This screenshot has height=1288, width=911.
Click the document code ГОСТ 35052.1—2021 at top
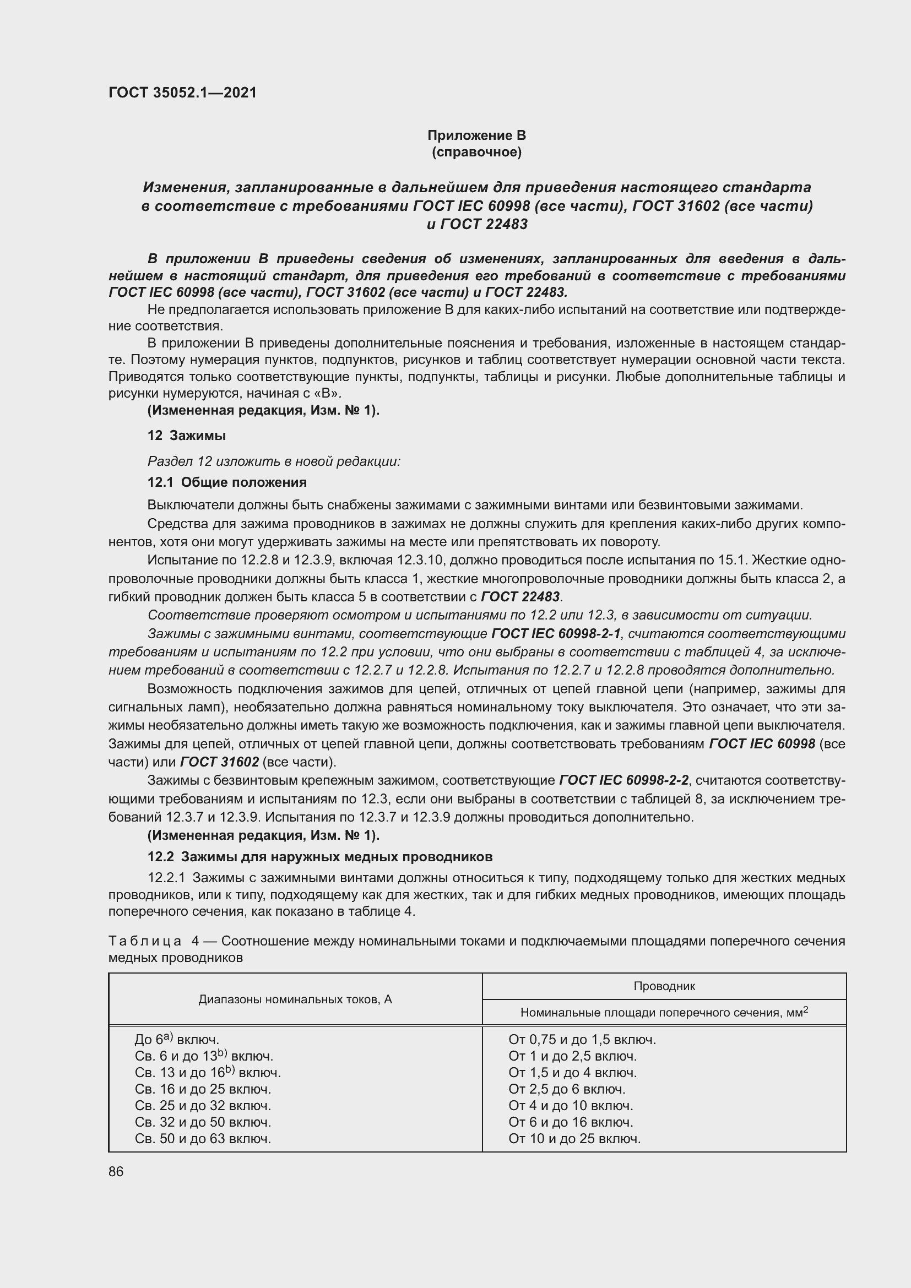182,93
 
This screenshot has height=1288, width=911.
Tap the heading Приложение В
476,135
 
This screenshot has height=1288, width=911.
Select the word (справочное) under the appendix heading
476,152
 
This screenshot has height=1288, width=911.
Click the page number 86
116,1171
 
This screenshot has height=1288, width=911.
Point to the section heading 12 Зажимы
186,436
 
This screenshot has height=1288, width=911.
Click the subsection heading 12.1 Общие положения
226,482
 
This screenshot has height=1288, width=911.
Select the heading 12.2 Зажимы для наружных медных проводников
320,857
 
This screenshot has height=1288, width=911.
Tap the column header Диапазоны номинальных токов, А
295,999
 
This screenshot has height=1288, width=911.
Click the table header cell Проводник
664,986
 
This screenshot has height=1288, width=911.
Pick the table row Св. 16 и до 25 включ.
203,1089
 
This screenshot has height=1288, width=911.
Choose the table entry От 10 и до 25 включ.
574,1138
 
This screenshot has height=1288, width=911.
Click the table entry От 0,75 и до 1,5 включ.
582,1040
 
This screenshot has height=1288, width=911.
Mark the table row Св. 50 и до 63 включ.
203,1138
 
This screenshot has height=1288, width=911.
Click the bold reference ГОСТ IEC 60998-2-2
624,780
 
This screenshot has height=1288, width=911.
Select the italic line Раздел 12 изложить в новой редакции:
274,461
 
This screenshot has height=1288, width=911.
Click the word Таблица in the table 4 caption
145,941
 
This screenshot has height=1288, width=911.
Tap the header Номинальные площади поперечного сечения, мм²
664,1013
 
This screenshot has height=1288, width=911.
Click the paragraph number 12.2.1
165,877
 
